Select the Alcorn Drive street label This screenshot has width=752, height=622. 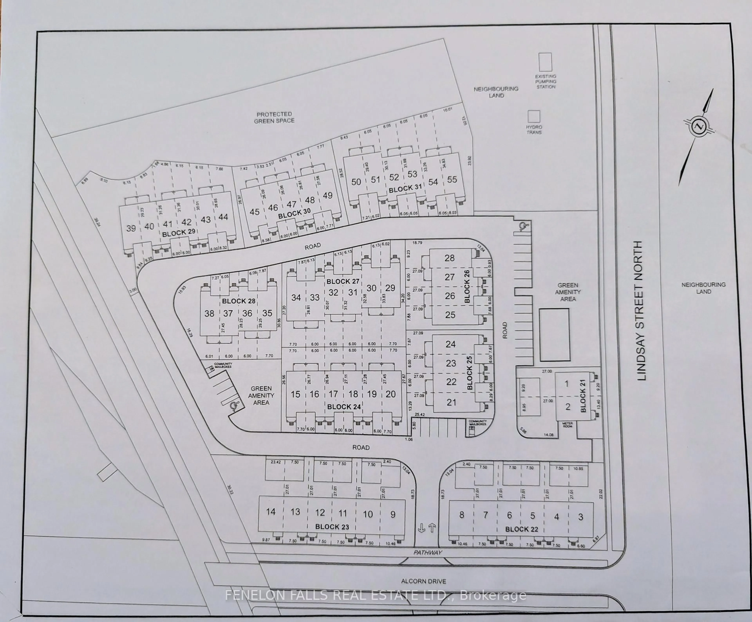click(424, 581)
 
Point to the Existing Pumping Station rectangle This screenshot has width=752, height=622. click(545, 62)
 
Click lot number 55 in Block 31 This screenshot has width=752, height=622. click(452, 180)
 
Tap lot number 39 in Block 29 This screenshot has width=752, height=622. click(131, 228)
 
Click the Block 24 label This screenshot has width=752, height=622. click(344, 407)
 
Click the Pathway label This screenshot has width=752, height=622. click(428, 553)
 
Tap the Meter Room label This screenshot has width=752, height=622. click(568, 425)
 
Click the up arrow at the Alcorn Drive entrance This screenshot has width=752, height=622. click(432, 528)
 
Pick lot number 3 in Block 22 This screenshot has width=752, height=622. click(580, 517)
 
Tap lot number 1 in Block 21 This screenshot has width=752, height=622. click(567, 384)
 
